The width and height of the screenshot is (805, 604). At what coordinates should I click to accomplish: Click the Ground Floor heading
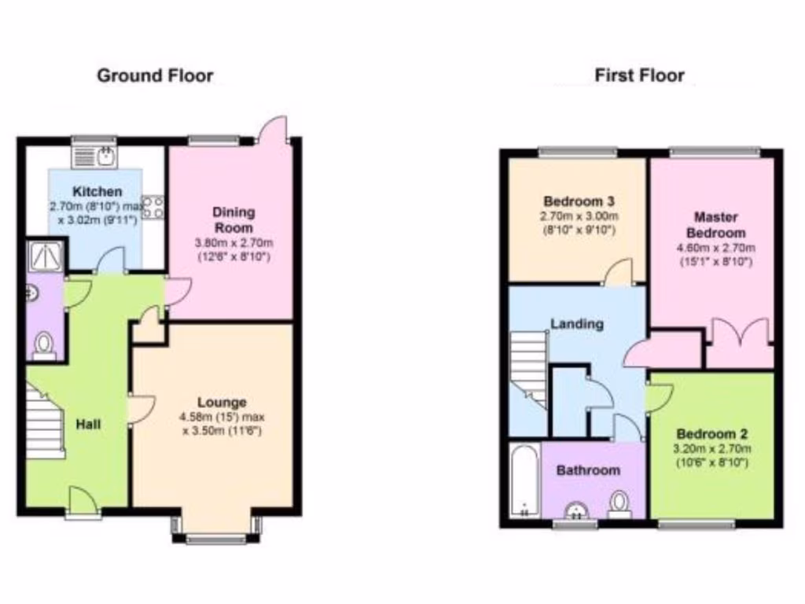click(x=155, y=76)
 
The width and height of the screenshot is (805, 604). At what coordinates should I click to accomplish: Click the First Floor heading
click(x=639, y=76)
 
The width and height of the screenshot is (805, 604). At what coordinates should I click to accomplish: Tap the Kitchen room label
click(x=97, y=192)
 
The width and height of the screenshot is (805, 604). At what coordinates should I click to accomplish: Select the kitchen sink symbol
click(x=95, y=156)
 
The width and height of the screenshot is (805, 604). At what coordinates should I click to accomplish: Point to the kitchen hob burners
click(x=154, y=207)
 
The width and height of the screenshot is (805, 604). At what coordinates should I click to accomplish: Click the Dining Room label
click(x=233, y=219)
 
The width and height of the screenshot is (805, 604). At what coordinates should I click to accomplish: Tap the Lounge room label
click(x=222, y=403)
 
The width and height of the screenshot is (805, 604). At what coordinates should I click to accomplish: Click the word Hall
click(x=88, y=424)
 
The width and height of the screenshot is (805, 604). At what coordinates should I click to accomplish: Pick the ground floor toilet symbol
click(x=45, y=344)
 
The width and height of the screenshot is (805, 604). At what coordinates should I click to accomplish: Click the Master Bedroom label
click(x=715, y=224)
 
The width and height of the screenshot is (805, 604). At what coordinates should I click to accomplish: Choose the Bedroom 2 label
click(x=712, y=434)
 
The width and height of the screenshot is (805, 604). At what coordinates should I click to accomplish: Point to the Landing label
click(x=577, y=323)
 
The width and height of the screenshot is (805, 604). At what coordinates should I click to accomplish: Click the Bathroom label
click(x=588, y=470)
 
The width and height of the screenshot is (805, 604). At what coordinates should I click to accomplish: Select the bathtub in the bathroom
click(x=524, y=481)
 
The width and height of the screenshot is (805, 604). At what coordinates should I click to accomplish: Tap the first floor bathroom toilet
click(x=621, y=502)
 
